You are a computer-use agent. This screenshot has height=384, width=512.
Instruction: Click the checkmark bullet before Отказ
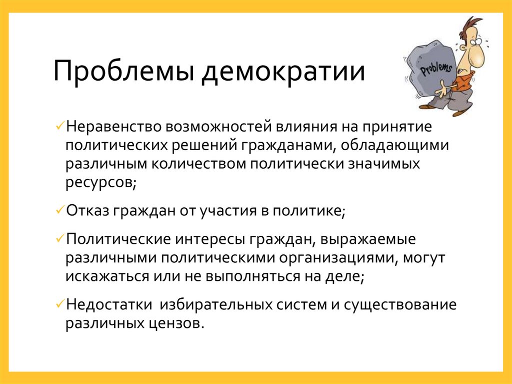60,210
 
